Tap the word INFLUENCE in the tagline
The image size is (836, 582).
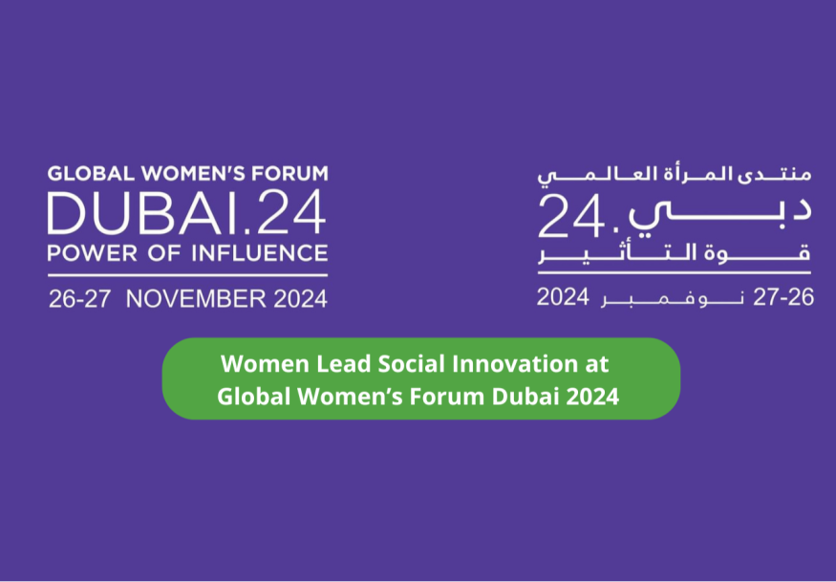click(259, 253)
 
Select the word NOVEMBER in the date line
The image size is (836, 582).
click(196, 299)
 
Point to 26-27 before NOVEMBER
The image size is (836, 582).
click(79, 299)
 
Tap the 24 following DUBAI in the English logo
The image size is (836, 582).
click(289, 213)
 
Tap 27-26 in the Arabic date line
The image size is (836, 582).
click(783, 297)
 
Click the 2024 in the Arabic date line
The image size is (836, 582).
click(563, 297)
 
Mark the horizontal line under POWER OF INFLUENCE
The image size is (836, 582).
click(187, 275)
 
